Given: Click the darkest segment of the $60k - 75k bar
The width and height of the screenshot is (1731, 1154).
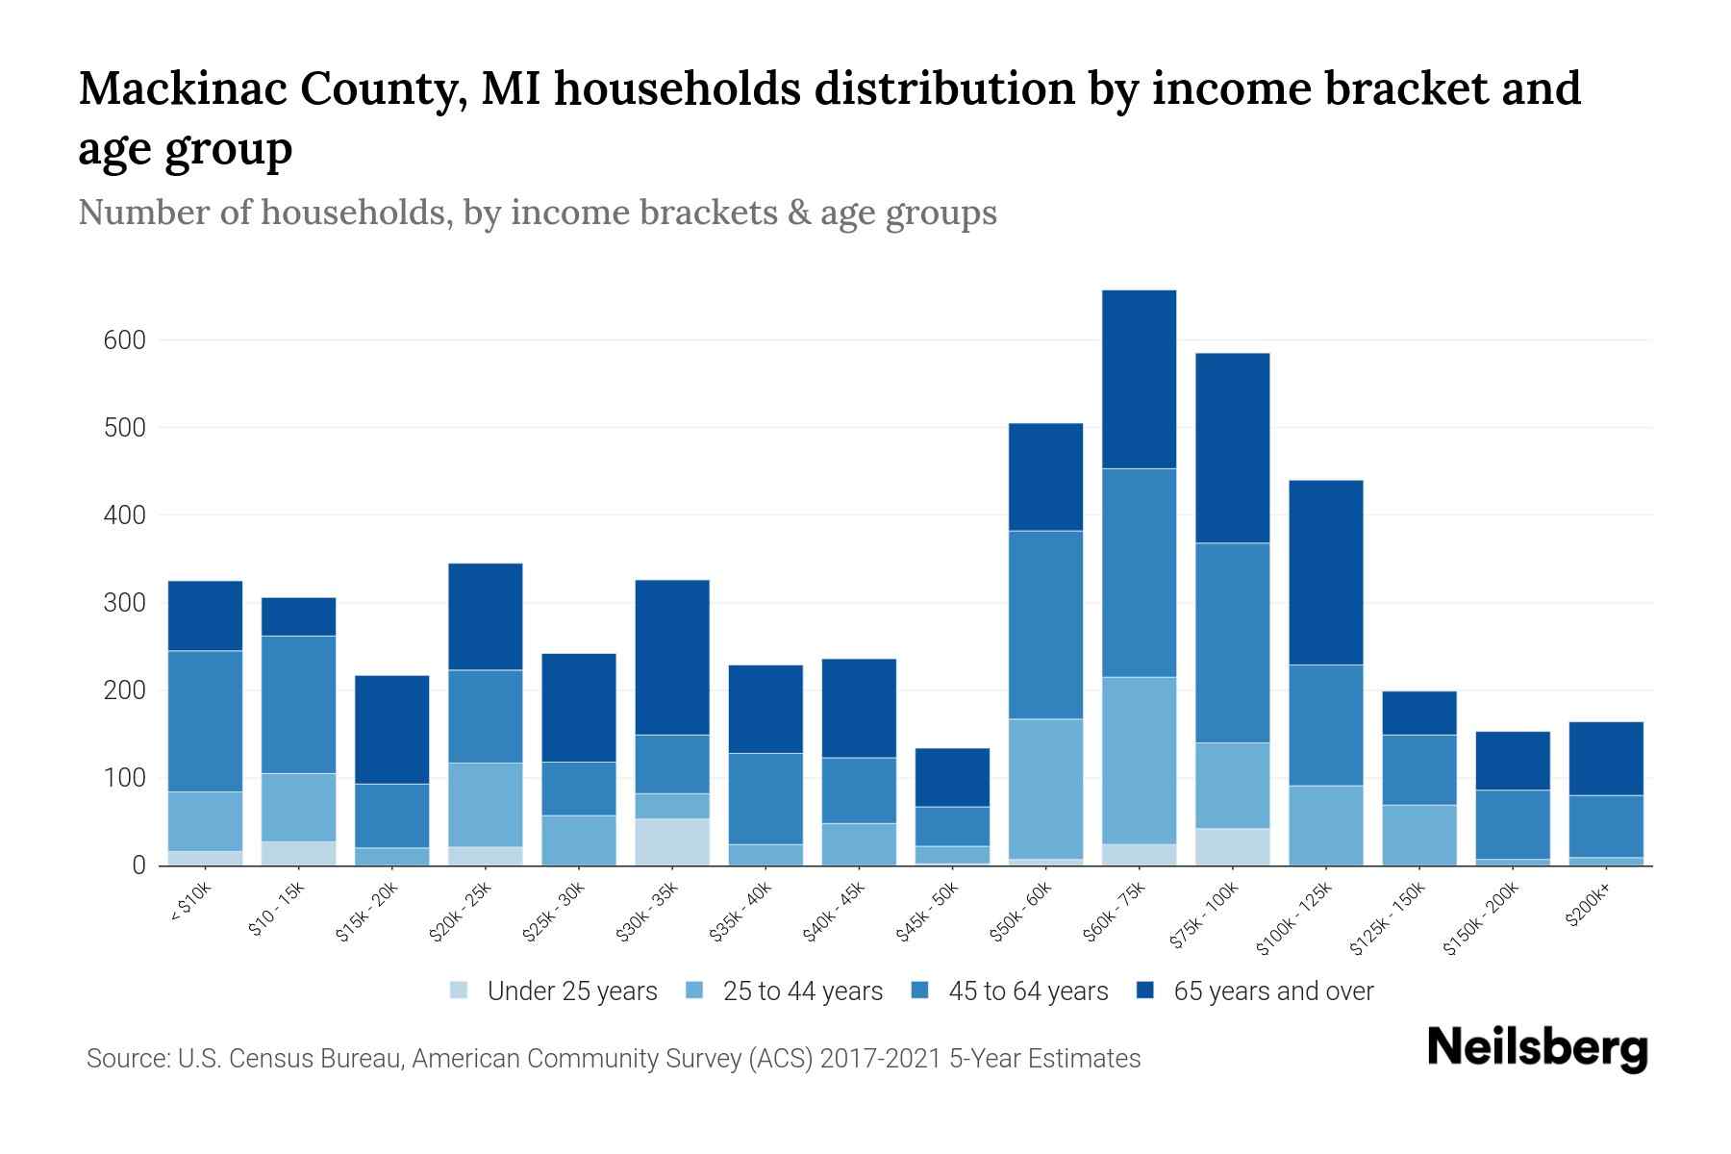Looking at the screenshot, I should click(1139, 379).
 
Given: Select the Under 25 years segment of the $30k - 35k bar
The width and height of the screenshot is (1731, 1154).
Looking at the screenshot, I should click(672, 841).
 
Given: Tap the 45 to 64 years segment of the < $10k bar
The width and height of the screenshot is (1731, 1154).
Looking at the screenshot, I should click(205, 721).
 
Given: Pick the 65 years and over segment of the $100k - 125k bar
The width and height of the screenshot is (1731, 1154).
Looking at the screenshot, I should click(1325, 572).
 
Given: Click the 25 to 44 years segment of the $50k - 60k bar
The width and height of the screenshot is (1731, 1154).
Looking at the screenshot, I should click(1045, 789).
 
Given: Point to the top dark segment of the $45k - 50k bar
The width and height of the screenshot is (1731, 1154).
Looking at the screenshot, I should click(952, 777).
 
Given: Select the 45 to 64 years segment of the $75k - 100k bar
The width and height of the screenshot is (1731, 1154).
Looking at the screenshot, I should click(1232, 642).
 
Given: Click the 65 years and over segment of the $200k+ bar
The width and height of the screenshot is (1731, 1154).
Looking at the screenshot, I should click(1606, 758).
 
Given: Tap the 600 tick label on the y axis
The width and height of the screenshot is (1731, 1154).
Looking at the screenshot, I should click(124, 340).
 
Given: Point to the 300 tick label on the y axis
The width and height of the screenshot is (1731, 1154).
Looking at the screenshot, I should click(124, 603).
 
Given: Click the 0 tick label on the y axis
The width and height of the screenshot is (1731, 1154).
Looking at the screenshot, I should click(139, 865).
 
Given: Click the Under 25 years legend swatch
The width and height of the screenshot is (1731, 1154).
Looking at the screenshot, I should click(460, 990).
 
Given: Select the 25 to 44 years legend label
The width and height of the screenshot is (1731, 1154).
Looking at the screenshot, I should click(802, 991).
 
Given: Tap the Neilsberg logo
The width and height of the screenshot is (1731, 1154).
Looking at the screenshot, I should click(1537, 1048).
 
